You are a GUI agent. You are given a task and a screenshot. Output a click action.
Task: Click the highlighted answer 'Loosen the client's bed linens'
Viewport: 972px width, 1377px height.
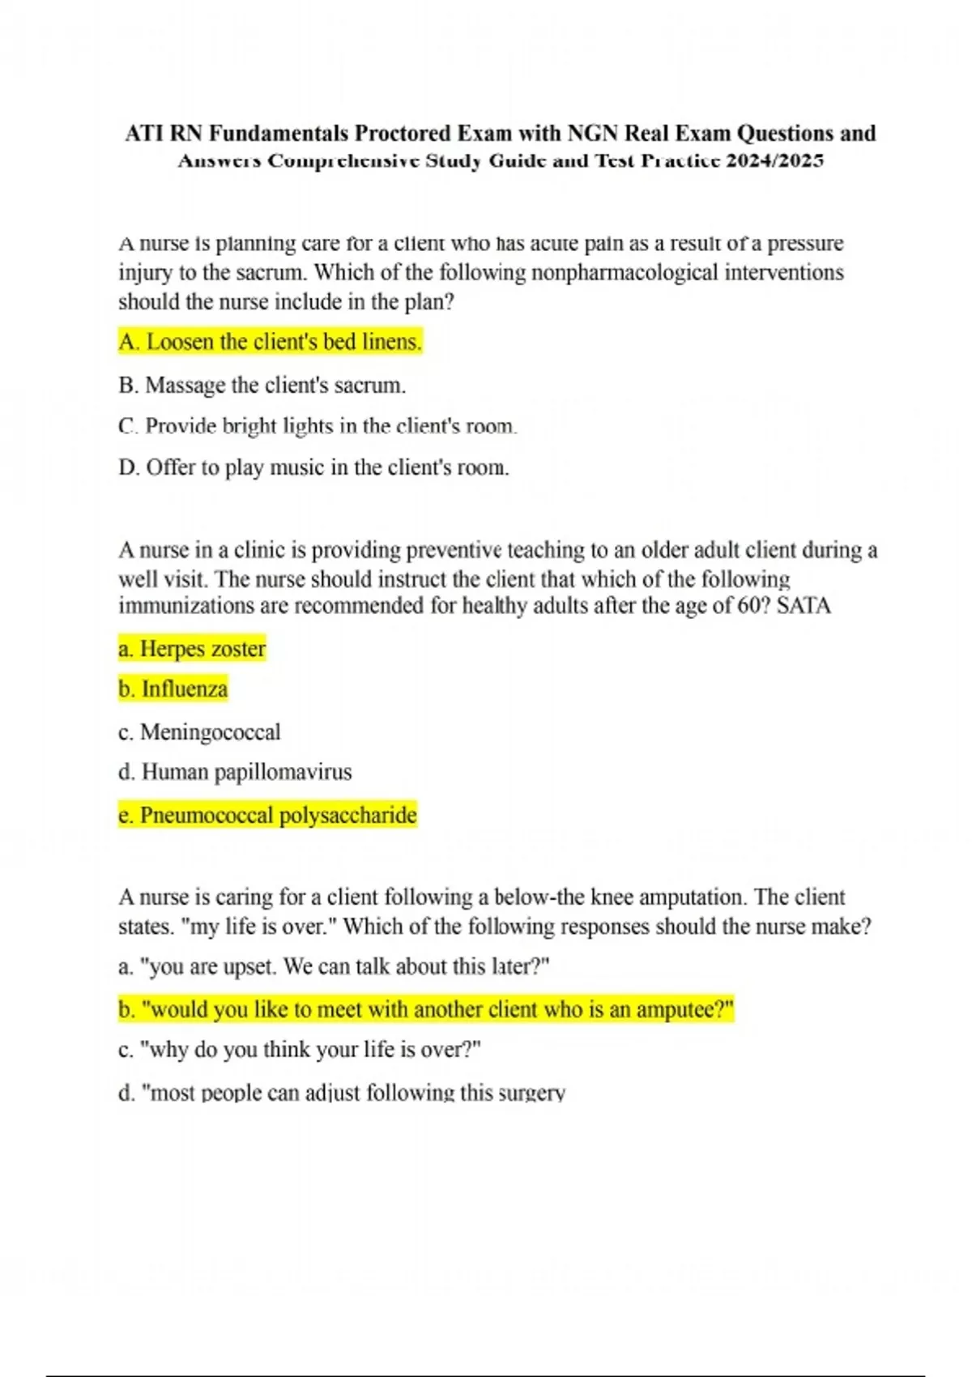270,342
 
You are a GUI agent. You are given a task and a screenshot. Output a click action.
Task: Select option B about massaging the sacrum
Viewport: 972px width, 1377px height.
262,385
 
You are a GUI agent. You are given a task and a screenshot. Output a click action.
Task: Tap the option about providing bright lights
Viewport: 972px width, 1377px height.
318,426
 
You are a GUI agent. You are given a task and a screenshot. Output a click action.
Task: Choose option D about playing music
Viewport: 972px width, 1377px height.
313,467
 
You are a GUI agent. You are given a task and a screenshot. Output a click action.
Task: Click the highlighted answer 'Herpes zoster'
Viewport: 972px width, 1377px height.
192,649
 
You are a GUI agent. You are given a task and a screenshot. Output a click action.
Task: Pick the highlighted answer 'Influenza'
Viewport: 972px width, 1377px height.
173,689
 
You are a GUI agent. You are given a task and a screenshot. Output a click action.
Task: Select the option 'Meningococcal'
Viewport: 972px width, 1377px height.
199,732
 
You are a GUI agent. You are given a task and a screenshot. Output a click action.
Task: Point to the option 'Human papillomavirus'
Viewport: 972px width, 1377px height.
235,772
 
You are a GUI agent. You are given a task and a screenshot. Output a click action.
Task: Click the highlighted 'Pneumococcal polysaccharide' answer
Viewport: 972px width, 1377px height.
267,815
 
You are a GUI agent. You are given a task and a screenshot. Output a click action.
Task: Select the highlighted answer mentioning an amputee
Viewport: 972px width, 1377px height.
426,1010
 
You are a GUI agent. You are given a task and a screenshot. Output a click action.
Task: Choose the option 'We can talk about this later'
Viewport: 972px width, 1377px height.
334,966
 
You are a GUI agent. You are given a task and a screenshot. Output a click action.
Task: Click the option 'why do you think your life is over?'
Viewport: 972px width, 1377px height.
300,1050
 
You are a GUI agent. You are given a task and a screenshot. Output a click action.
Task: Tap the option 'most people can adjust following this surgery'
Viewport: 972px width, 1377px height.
342,1093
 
